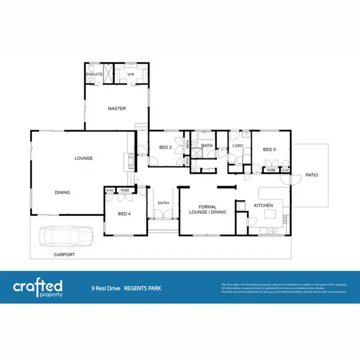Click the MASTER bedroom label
pyautogui.click(x=117, y=108)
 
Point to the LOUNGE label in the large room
pyautogui.click(x=84, y=158)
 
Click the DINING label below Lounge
pyautogui.click(x=62, y=192)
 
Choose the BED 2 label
pyautogui.click(x=165, y=147)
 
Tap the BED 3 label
pyautogui.click(x=269, y=149)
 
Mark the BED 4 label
pyautogui.click(x=124, y=214)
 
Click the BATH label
pyautogui.click(x=207, y=145)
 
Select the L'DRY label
pyautogui.click(x=237, y=145)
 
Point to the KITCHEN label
pyautogui.click(x=263, y=205)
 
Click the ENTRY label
pyautogui.click(x=164, y=203)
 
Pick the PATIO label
pyautogui.click(x=312, y=175)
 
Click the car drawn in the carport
pyautogui.click(x=66, y=236)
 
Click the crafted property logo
pyautogui.click(x=37, y=288)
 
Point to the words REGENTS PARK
pyautogui.click(x=143, y=289)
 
